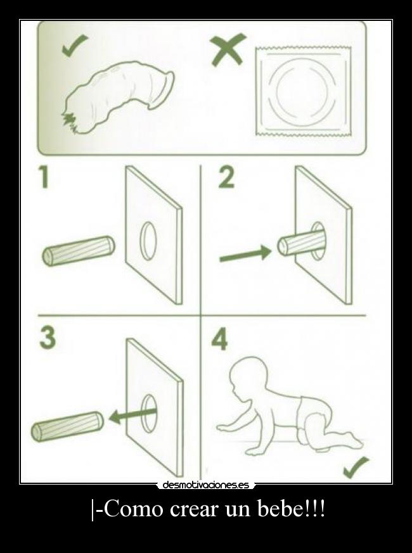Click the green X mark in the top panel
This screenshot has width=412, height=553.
pos(228,49)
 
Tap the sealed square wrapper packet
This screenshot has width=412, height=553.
pos(303,91)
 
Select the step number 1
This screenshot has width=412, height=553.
pos(44,177)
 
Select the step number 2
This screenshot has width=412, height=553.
pos(226,177)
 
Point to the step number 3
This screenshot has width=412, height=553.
pos(48,338)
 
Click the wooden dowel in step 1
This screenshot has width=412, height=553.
pos(79,251)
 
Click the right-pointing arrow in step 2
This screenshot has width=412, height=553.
pos(246,254)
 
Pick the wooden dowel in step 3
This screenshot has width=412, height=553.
pos(67,426)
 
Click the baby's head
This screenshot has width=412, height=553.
pos(247,374)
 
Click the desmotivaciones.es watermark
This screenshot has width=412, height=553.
pos(206,485)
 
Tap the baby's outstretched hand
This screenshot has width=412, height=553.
pos(224,428)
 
